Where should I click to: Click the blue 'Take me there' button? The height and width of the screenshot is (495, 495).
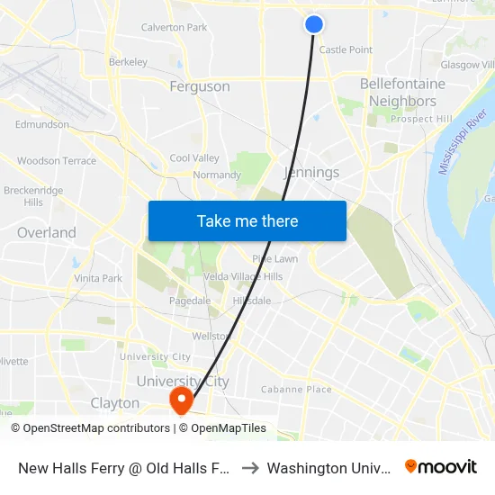click(x=247, y=220)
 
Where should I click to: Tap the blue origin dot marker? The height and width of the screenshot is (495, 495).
click(x=314, y=24)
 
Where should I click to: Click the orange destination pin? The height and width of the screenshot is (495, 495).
click(x=181, y=400)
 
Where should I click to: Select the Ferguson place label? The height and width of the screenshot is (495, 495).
click(x=200, y=86)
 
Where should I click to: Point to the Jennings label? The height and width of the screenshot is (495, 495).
click(x=311, y=172)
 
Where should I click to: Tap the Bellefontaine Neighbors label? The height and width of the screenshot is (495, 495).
click(x=402, y=93)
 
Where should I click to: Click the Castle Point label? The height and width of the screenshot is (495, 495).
click(x=346, y=50)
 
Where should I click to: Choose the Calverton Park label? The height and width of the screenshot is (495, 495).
click(x=174, y=28)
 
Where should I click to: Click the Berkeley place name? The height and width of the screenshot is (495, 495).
click(x=128, y=62)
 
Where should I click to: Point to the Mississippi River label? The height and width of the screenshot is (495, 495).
click(x=461, y=144)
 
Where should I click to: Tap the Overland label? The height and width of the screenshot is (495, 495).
click(x=47, y=232)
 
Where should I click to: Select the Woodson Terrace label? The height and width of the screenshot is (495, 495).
click(x=57, y=161)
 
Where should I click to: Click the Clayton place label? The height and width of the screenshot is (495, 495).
click(x=115, y=403)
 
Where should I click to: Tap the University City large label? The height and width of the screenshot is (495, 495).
click(x=183, y=381)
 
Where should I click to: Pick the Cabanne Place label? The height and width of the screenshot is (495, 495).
click(x=296, y=390)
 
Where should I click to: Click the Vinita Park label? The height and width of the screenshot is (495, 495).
click(x=98, y=278)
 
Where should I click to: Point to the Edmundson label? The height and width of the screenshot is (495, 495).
click(x=42, y=125)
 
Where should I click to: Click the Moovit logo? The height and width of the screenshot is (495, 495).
click(x=441, y=466)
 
